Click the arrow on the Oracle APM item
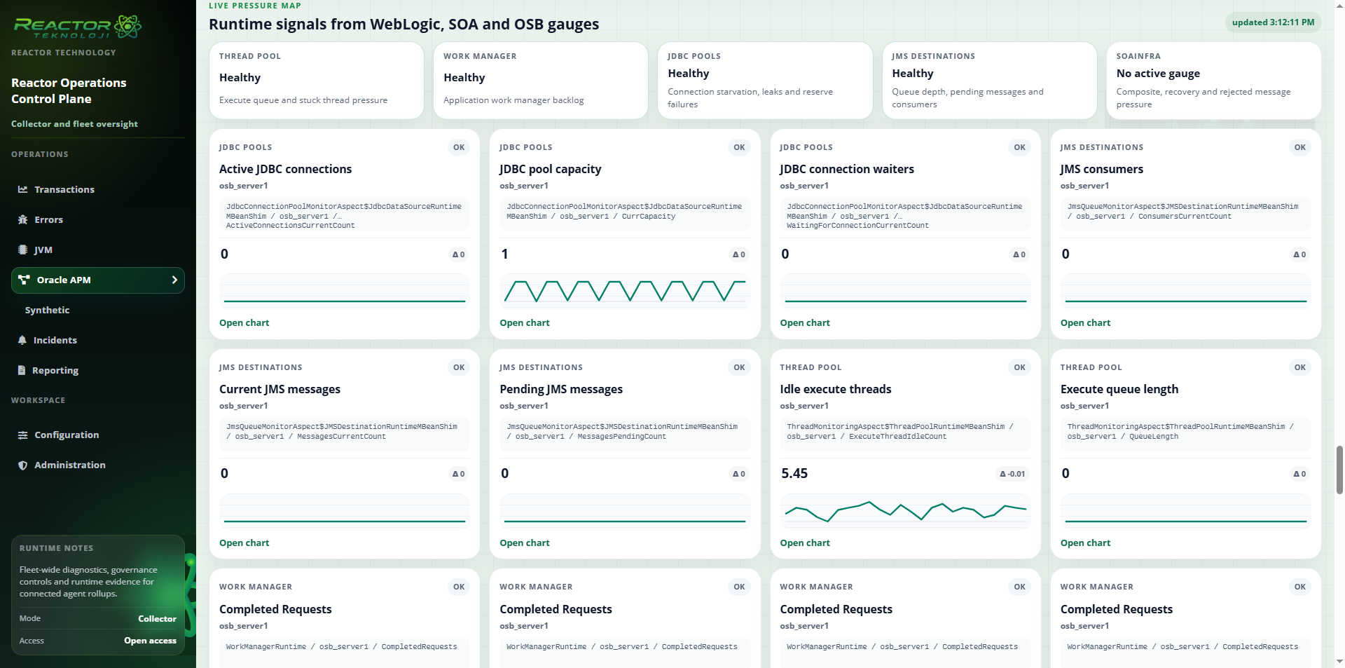click(x=174, y=280)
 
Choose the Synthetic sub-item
click(x=47, y=310)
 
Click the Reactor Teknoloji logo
click(x=77, y=27)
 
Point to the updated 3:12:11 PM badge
click(x=1273, y=22)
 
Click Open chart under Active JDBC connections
click(x=244, y=323)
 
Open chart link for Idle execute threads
click(x=805, y=543)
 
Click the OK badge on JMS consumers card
click(x=1299, y=147)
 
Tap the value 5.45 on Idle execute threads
click(x=794, y=474)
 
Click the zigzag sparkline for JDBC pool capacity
click(x=625, y=291)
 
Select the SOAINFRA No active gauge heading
click(x=1158, y=74)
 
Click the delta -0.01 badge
click(x=1012, y=474)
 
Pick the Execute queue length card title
click(x=1119, y=390)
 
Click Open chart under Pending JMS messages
click(x=524, y=543)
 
